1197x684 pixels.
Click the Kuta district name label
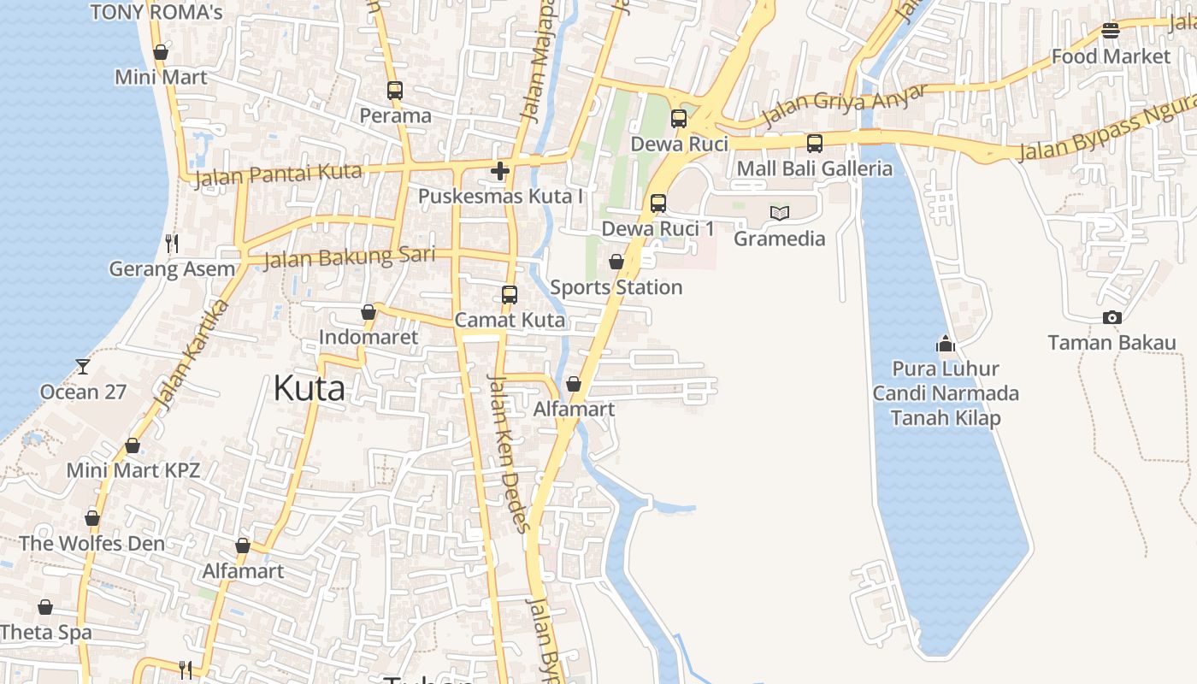click(309, 389)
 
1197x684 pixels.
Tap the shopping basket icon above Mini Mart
click(160, 52)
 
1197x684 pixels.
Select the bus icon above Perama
click(394, 90)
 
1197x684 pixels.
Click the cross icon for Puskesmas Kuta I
click(500, 171)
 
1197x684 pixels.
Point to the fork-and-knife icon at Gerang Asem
click(172, 244)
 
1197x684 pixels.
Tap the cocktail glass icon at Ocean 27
click(82, 367)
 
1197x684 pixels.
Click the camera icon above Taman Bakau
click(1111, 318)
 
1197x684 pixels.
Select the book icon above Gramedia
click(779, 213)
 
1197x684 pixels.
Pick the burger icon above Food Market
click(1111, 31)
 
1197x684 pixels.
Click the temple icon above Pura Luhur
click(945, 344)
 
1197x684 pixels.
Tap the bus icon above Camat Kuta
click(510, 295)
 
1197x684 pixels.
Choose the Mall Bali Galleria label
click(814, 168)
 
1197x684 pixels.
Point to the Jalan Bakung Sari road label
click(349, 256)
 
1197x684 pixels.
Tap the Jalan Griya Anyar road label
click(844, 103)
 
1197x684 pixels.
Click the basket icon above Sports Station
click(616, 262)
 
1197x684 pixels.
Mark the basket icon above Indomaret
click(368, 312)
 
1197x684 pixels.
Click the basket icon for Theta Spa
click(44, 607)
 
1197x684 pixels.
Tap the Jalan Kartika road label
click(182, 354)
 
